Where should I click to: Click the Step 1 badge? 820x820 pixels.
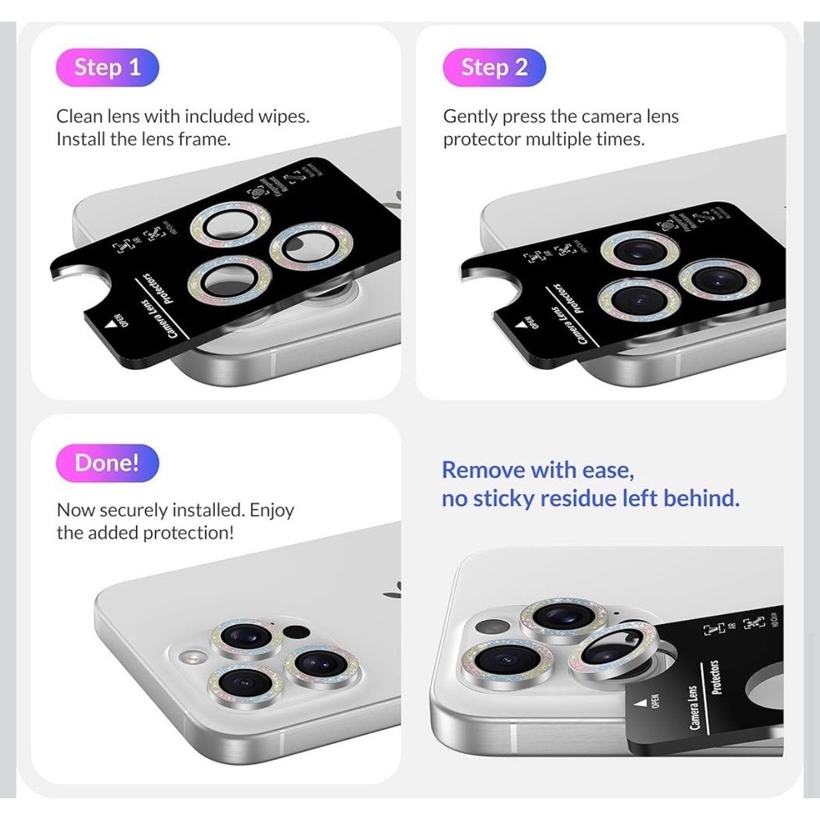point(107,67)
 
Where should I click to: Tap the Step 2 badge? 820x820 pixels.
point(494,67)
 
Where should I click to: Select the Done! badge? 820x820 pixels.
point(107,462)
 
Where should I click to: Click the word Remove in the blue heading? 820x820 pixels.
point(483,470)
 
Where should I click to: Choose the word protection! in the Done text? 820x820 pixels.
point(188,533)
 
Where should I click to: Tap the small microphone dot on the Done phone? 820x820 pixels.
point(298,632)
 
